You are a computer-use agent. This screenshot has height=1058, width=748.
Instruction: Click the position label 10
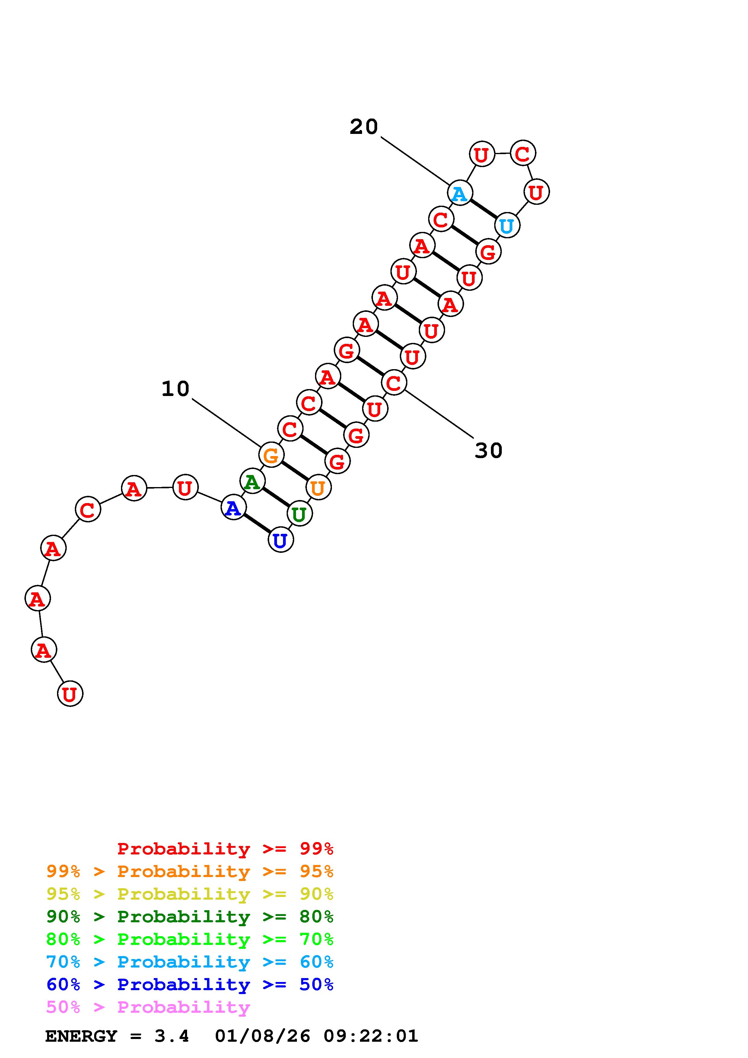tap(175, 389)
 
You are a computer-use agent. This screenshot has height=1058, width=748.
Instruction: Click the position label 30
tap(489, 450)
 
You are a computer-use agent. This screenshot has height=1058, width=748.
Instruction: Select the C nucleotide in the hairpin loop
tap(523, 154)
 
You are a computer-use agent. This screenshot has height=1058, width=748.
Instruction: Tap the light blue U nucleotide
tap(507, 226)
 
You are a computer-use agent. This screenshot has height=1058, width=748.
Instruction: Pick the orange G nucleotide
tap(271, 455)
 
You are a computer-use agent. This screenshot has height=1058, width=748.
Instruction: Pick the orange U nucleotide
tap(318, 487)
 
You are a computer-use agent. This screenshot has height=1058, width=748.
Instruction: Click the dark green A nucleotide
tap(252, 482)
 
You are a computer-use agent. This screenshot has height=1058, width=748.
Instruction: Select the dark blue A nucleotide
tap(233, 508)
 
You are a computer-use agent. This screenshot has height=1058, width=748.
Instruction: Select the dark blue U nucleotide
tap(280, 540)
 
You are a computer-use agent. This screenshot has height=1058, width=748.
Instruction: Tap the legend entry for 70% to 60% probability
tap(189, 962)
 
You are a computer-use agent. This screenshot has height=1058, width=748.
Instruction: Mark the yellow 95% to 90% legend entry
tap(189, 894)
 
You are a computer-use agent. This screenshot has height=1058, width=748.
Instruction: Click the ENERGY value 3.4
tap(171, 1036)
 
